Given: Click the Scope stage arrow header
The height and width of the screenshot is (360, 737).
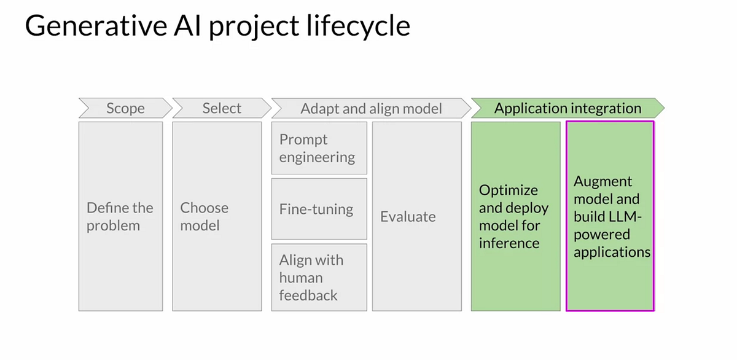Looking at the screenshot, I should point(125,109).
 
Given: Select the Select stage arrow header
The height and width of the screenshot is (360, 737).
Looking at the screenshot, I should point(222,109).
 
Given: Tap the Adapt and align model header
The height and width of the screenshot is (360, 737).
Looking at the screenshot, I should point(371,109).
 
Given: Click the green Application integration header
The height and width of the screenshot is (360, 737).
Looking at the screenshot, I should point(567,109).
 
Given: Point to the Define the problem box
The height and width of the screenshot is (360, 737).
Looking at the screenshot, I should point(120,216).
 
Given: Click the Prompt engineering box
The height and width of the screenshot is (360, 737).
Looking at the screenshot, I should point(319,149).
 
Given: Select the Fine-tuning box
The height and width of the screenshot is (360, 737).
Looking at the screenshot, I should point(319,209).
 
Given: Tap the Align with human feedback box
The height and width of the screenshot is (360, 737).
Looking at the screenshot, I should point(319,278).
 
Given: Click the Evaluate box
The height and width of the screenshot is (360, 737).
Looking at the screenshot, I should point(416,216).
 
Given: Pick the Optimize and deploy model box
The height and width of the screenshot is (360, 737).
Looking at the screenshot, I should point(515,216).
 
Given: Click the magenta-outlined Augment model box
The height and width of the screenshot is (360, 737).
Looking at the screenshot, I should point(610,216).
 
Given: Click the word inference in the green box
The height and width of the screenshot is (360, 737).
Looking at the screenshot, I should point(509,243).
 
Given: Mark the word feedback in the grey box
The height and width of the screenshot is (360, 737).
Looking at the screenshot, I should point(308,295).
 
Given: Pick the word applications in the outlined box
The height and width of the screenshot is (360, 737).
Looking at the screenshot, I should point(612,252).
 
